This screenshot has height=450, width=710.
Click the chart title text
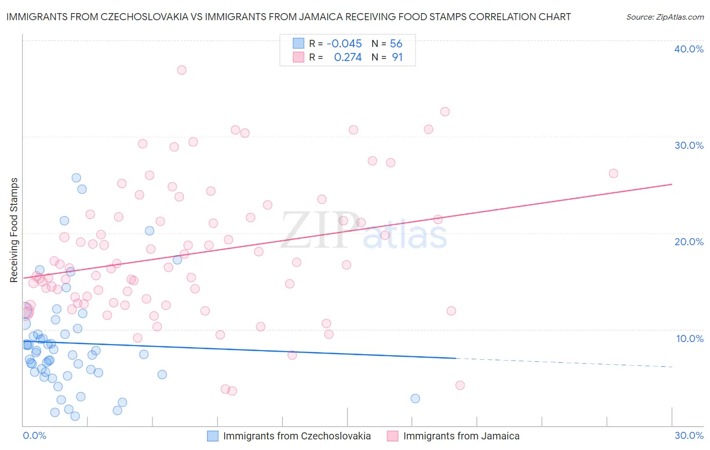click(x=288, y=17)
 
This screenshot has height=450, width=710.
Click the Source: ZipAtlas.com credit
click(x=665, y=17)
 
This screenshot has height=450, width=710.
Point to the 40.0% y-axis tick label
click(x=689, y=49)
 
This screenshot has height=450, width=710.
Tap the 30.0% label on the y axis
click(x=689, y=145)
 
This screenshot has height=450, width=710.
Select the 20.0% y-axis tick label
click(x=689, y=242)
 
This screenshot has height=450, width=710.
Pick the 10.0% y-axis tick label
click(x=689, y=339)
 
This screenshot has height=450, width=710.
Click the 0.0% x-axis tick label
click(x=34, y=435)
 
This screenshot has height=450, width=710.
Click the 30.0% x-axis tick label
click(x=689, y=435)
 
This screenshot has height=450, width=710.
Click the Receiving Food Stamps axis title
click(x=14, y=230)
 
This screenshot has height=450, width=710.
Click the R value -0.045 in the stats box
click(x=344, y=44)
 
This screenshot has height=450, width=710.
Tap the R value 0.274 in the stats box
click(x=347, y=58)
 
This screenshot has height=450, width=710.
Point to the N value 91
click(x=397, y=58)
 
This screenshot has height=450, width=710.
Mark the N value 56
click(x=396, y=44)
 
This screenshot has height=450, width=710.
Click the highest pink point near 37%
click(x=182, y=70)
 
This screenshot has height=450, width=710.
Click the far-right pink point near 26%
click(x=614, y=174)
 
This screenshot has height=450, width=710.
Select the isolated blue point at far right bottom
click(x=415, y=399)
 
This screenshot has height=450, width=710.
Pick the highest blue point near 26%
click(x=76, y=178)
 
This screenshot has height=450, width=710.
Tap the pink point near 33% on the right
click(x=445, y=111)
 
